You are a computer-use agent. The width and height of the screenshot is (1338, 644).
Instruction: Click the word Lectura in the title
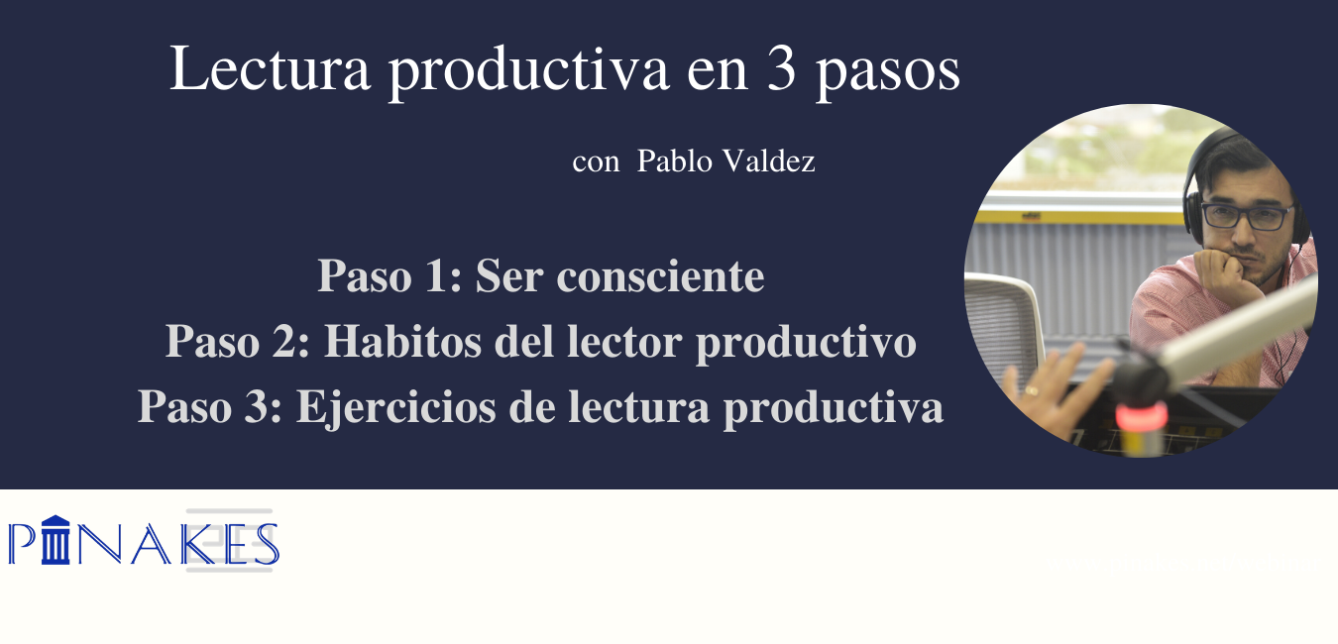tap(270, 68)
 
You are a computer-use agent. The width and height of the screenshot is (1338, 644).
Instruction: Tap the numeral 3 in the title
tap(782, 69)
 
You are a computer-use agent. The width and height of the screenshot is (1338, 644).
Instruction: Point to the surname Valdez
tap(769, 161)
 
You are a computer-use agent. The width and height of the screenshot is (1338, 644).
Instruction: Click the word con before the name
tap(596, 163)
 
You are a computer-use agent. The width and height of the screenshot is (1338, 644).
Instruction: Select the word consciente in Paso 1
tap(660, 276)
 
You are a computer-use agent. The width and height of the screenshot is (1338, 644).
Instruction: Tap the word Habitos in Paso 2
tap(402, 342)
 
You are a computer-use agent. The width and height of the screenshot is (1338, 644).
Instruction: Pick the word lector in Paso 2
tap(624, 342)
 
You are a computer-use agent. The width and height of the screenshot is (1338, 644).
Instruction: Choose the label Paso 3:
tap(210, 407)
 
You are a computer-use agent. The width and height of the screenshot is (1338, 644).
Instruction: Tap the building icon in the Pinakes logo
tap(56, 540)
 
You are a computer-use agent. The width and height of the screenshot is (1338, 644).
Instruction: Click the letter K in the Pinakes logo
tap(202, 544)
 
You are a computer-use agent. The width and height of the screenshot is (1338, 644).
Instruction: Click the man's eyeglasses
tap(1246, 216)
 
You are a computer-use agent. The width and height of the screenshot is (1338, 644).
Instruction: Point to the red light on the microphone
tap(1141, 416)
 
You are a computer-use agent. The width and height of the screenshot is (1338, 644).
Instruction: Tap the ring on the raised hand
tap(1032, 391)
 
